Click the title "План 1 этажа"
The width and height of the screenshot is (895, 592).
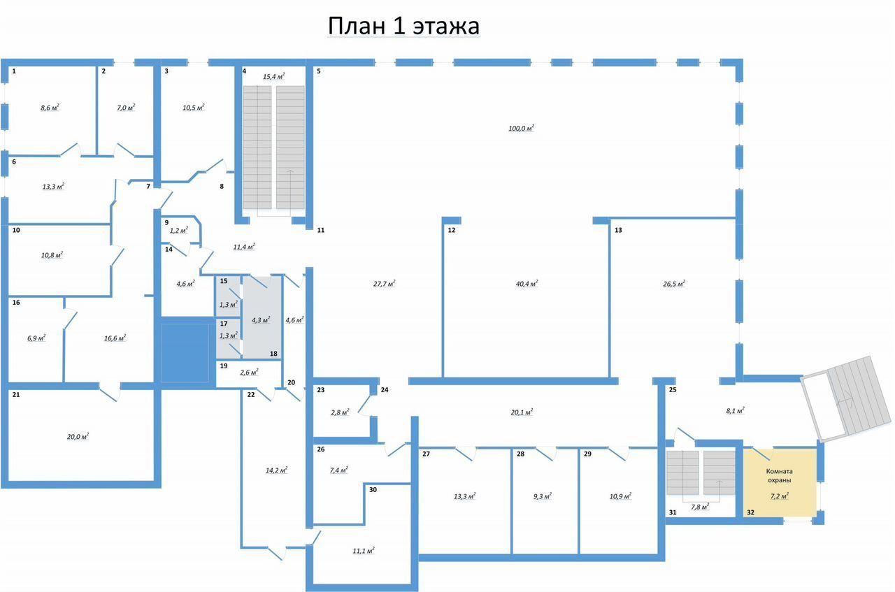[403, 26]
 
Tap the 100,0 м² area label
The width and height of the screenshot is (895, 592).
[521, 128]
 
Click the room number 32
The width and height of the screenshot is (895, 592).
[750, 512]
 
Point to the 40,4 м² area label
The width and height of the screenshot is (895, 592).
[527, 284]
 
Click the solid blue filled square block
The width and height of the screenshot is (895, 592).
[185, 353]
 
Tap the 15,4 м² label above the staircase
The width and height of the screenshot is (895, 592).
[273, 76]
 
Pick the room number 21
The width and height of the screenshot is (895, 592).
[16, 395]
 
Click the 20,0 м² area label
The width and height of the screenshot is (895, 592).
[78, 437]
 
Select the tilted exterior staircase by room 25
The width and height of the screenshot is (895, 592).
[846, 398]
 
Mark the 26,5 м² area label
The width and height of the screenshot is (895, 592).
[674, 284]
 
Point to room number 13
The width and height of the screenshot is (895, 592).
[618, 230]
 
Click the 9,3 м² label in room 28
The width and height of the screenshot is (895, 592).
[542, 496]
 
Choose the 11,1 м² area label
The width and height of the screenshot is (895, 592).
[364, 551]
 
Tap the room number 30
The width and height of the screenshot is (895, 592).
[373, 490]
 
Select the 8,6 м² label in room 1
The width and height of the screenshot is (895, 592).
[50, 108]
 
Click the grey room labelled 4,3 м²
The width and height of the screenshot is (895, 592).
[262, 317]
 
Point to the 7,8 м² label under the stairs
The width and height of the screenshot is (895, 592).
[700, 507]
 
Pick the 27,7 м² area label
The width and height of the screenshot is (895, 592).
[385, 284]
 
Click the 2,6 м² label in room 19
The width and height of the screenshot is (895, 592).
[249, 373]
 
